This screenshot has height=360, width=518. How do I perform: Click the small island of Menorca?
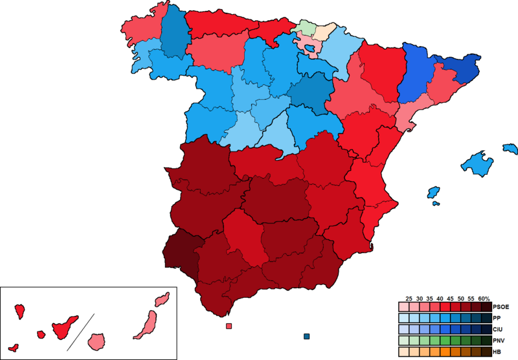click(510, 149)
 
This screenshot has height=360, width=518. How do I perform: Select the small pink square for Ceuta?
click(229, 326)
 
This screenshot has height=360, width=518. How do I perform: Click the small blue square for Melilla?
click(306, 336)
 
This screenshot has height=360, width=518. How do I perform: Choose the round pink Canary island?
click(96, 341)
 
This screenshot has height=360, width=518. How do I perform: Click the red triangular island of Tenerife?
click(64, 327)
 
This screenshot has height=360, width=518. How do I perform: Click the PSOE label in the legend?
click(501, 307)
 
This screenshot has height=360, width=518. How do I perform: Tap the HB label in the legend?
click(497, 352)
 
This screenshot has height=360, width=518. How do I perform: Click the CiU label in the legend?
click(498, 330)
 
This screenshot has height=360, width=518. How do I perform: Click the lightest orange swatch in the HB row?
click(404, 352)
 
